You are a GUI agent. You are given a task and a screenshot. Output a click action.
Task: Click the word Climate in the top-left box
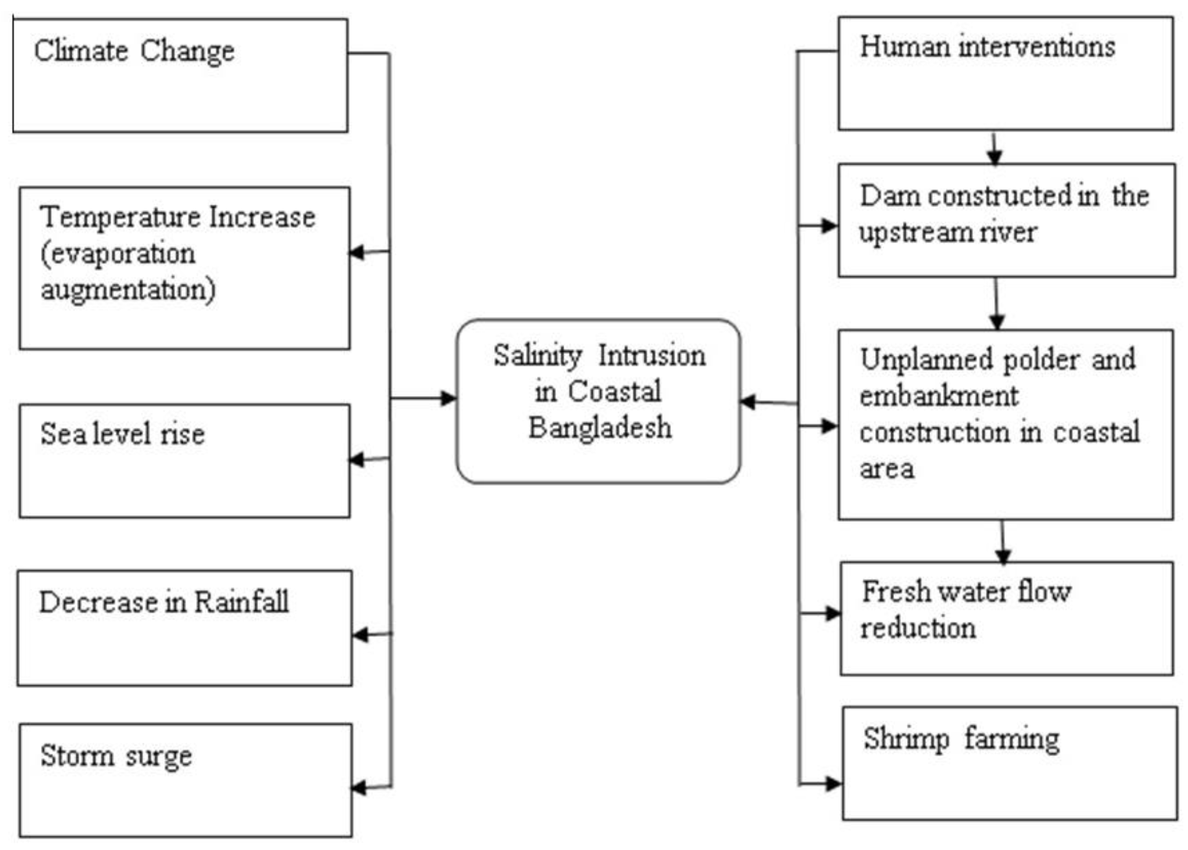81,51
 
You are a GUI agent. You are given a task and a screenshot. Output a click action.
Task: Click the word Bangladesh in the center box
599,428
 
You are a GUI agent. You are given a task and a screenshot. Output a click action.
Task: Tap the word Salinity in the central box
537,356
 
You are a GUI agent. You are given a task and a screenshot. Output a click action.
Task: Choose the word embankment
939,396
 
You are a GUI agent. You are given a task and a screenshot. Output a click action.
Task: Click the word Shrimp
906,739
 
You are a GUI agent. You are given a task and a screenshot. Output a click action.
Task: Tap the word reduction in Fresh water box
918,628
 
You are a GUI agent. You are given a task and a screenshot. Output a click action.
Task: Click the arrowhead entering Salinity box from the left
448,398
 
